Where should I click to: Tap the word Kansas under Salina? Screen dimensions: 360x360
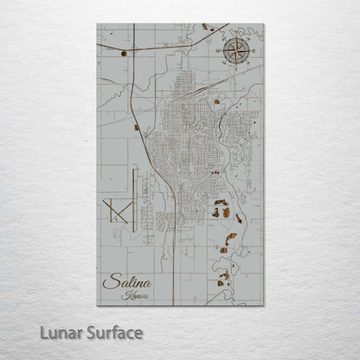click(136, 295)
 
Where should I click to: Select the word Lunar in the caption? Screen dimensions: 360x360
click(61, 332)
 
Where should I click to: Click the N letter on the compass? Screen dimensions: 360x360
click(234, 36)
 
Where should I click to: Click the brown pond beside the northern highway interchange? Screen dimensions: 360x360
click(125, 54)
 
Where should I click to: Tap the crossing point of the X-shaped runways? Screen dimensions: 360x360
click(115, 209)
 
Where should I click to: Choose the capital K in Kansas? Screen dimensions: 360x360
click(126, 295)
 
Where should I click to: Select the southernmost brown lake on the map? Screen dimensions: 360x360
click(223, 280)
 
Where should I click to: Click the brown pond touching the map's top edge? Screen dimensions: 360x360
click(207, 27)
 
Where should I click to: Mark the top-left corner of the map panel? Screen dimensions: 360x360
click(97, 23)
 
